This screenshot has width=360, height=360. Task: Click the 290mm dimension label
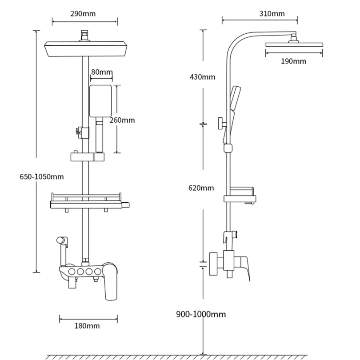[x=83, y=14]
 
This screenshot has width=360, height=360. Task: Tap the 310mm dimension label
[x=272, y=14]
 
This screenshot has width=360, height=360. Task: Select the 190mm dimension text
[x=293, y=61]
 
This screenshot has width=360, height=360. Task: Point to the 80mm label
[x=101, y=72]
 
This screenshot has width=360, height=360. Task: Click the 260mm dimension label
[x=122, y=120]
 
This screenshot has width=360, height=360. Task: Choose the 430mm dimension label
[x=202, y=77]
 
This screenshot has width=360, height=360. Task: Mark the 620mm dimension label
[x=201, y=188]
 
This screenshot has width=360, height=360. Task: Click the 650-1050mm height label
[x=42, y=176]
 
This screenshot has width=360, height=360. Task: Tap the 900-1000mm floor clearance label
[x=200, y=315]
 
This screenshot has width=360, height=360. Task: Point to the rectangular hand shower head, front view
[x=100, y=100]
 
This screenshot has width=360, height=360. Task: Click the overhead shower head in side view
[x=294, y=44]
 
